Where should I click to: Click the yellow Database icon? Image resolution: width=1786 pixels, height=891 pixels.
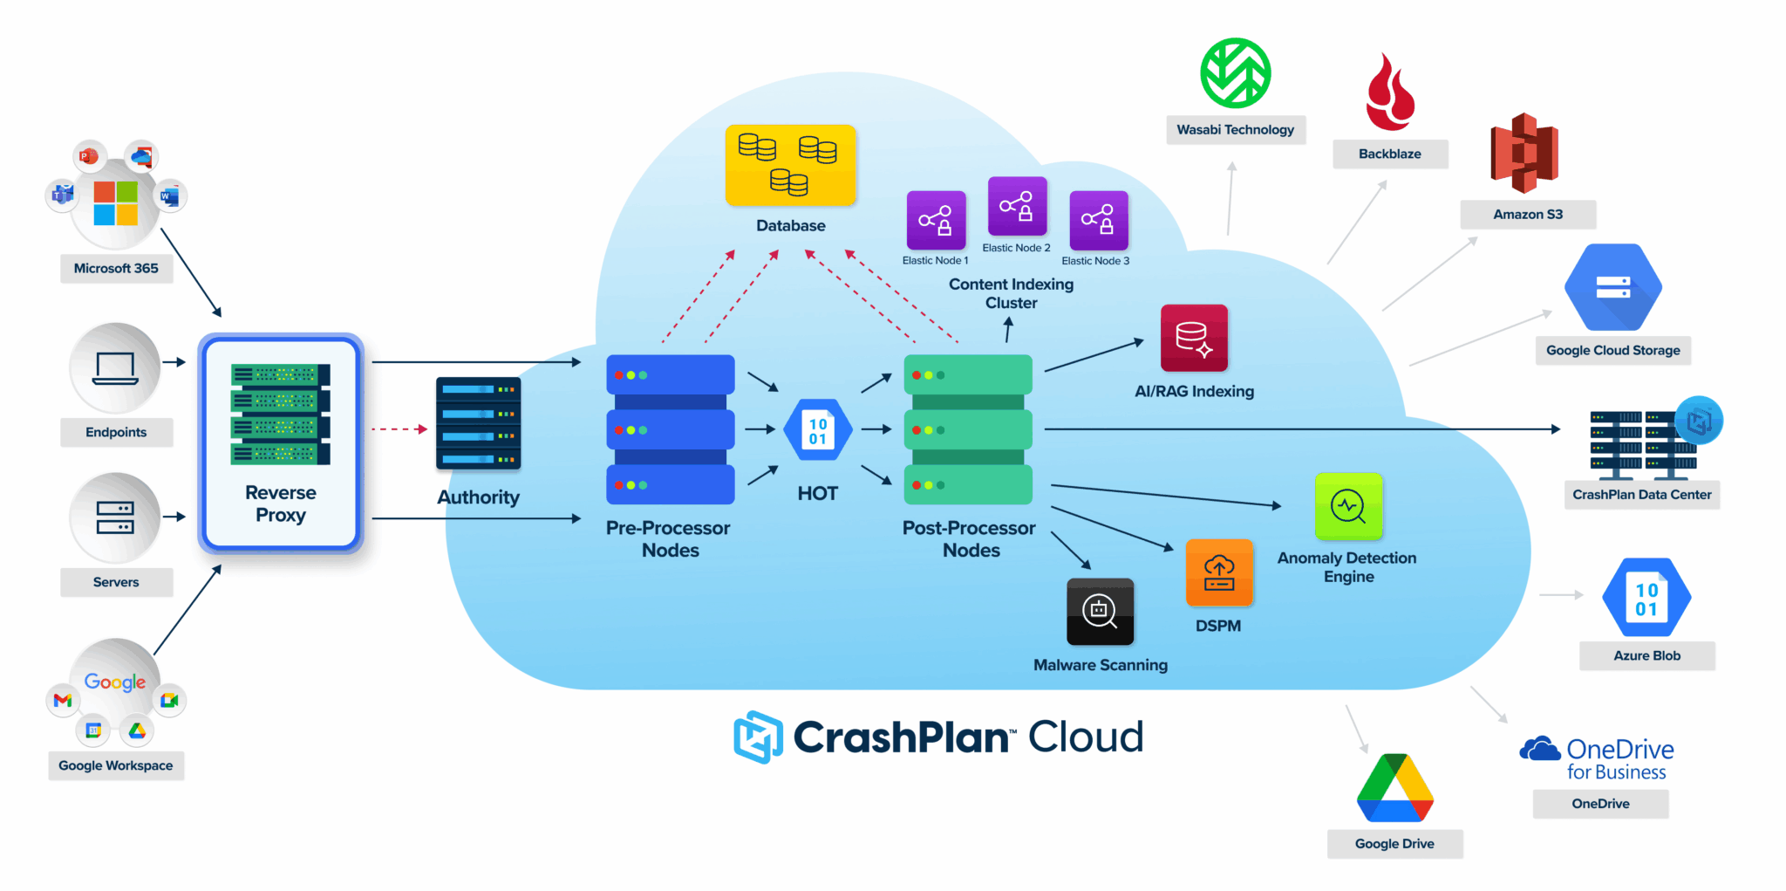point(790,165)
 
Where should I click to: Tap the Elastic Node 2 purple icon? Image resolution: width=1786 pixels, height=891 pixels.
point(1017,206)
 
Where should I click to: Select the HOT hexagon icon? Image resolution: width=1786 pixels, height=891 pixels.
point(817,430)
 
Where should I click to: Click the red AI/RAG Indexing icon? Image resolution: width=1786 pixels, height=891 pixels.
point(1194,338)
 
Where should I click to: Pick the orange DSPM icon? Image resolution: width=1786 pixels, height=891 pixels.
point(1219,572)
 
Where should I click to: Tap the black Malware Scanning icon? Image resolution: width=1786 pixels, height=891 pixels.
point(1100,611)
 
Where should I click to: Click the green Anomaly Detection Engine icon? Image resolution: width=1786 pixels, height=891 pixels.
point(1348,506)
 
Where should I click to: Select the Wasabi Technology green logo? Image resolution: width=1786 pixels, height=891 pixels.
point(1235,73)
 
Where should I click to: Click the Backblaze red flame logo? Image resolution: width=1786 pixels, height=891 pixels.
point(1389,93)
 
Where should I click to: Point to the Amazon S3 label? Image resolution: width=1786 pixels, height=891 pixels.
point(1528,215)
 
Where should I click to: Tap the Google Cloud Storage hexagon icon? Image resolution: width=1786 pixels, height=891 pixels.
point(1612,287)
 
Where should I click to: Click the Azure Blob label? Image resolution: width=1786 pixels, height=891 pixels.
point(1646,656)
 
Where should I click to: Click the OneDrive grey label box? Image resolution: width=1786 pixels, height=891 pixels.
point(1600,804)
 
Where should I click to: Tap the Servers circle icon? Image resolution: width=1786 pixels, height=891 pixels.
point(115,517)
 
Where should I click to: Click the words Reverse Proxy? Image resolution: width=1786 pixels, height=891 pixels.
point(281,504)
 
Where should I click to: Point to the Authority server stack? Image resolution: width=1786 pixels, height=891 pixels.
point(478,423)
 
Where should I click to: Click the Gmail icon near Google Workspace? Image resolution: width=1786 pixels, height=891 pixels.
point(63,700)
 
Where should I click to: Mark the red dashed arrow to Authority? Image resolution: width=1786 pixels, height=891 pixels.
point(399,429)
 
